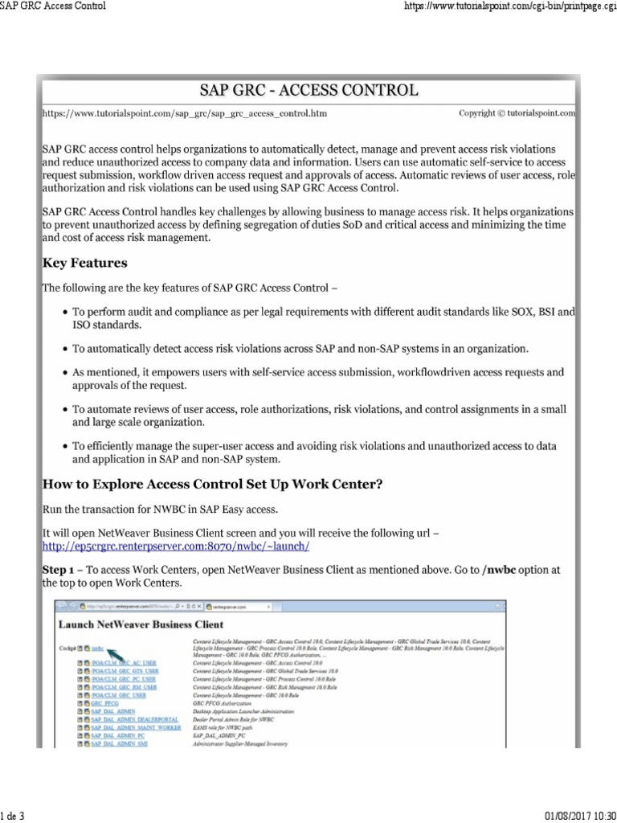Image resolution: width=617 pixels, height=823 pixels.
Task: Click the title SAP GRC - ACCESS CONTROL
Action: coord(308,88)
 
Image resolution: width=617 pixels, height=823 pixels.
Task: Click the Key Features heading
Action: coord(84,263)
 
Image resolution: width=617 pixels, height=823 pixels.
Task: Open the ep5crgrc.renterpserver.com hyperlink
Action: coord(175,546)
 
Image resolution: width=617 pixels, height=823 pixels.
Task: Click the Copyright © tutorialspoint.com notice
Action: coord(517,113)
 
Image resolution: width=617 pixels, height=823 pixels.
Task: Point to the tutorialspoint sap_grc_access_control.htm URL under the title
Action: coord(184,114)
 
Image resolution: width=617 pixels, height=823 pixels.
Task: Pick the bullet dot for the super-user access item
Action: coord(64,445)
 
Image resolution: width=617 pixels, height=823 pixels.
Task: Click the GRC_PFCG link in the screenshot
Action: coord(104,702)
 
